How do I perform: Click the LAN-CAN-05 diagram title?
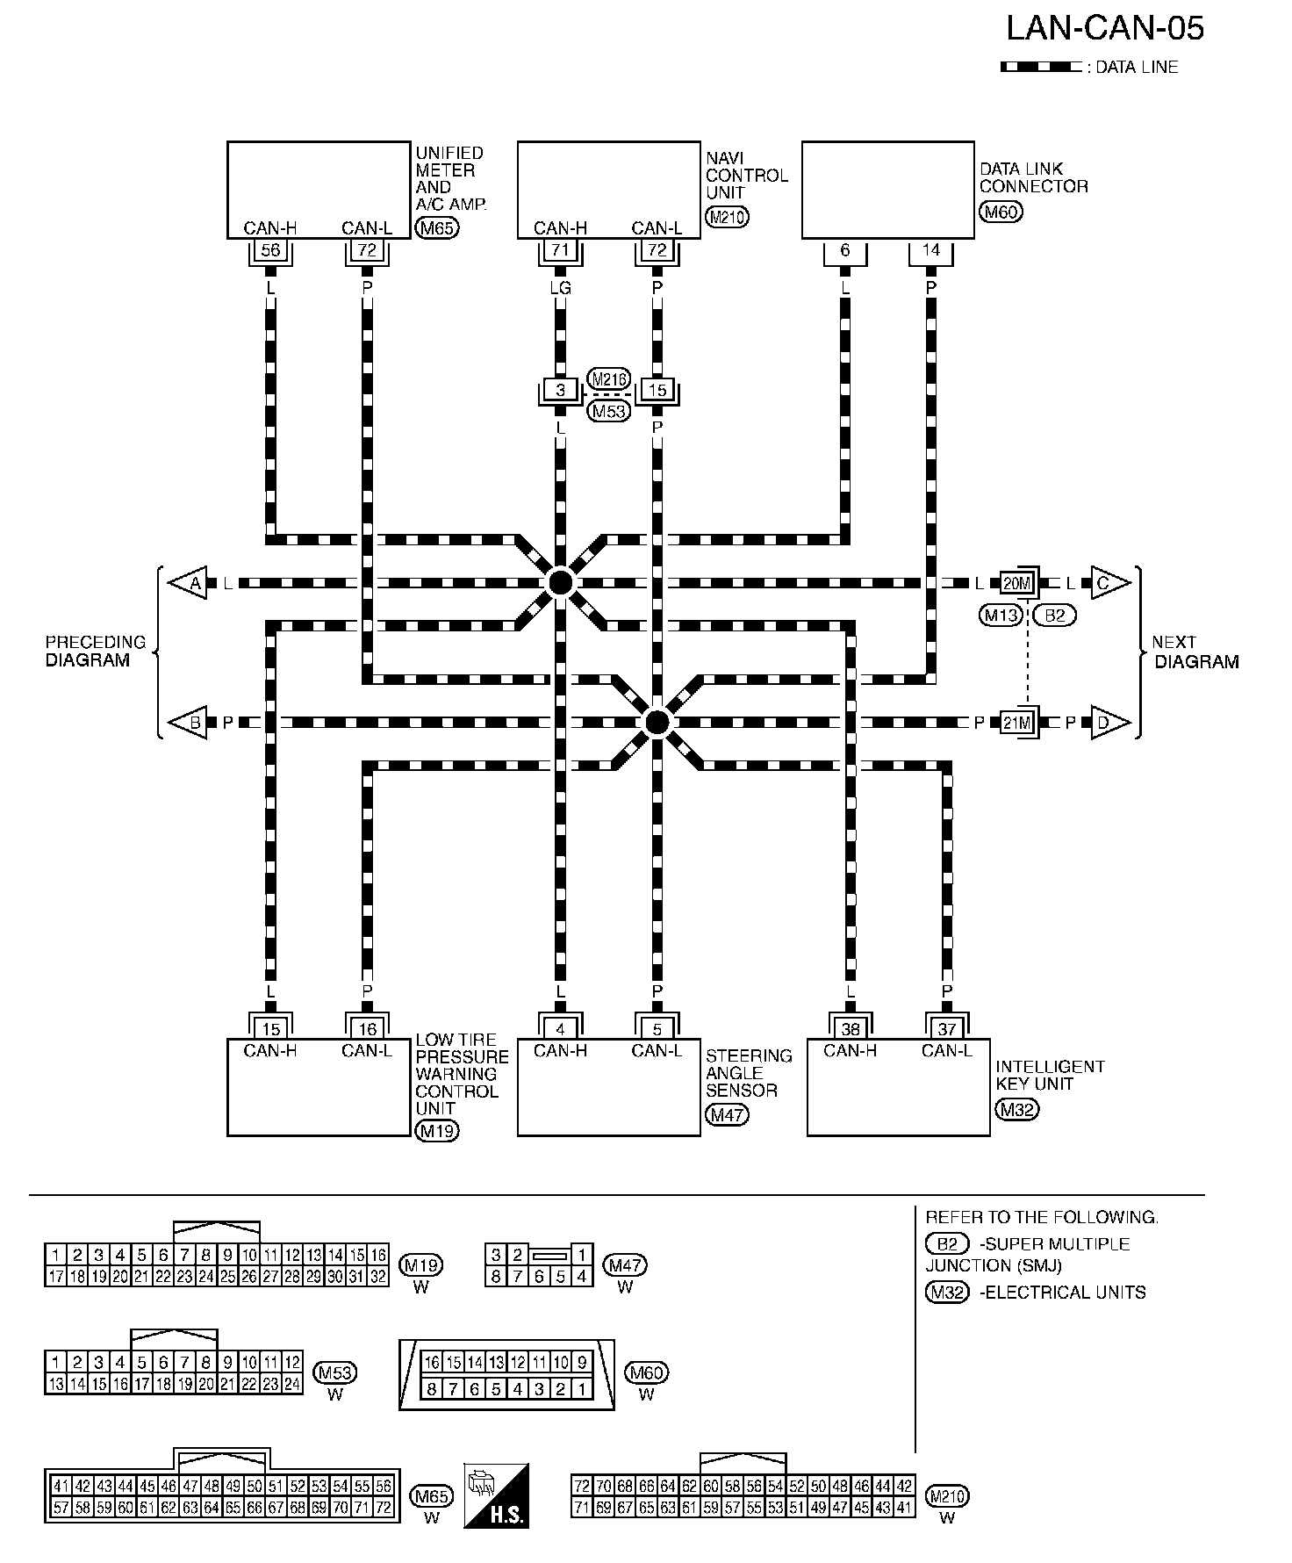[x=1104, y=29]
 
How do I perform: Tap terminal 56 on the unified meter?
[x=270, y=250]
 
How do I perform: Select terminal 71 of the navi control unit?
[x=561, y=250]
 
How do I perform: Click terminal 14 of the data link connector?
[x=930, y=250]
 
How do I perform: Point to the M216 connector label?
[x=608, y=378]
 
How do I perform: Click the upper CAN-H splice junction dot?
[x=560, y=582]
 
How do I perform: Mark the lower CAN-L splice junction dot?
[x=657, y=722]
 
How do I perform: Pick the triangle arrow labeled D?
[x=1108, y=723]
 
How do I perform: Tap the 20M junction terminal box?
[x=1017, y=583]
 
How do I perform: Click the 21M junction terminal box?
[x=1017, y=723]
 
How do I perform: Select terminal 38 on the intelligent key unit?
[x=850, y=1029]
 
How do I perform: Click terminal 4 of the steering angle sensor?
[x=560, y=1029]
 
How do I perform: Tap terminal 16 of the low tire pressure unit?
[x=367, y=1029]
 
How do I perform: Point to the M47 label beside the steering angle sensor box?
[x=727, y=1115]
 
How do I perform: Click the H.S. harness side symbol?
[x=497, y=1495]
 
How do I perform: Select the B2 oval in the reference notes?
[x=947, y=1244]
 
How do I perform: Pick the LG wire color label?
[x=560, y=287]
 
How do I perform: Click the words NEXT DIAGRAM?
[x=1195, y=652]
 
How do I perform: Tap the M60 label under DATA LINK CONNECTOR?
[x=1001, y=212]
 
